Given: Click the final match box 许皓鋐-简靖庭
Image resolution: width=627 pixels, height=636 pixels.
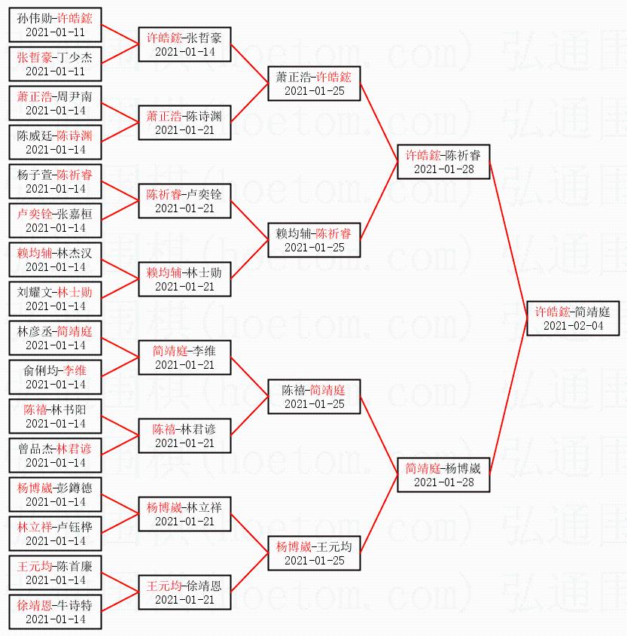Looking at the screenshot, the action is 573,318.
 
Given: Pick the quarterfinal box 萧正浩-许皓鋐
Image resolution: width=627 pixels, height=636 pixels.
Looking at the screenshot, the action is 314,84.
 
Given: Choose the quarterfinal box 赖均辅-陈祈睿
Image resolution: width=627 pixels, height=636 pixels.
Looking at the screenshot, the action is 314,240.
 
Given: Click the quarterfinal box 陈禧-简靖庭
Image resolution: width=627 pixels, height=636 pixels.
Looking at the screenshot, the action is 314,397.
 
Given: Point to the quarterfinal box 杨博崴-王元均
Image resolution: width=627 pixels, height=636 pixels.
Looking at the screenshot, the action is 314,553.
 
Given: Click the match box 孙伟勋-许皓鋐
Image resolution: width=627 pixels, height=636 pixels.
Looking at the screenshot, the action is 55,25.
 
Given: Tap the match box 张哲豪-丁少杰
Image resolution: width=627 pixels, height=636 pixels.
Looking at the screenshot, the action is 55,64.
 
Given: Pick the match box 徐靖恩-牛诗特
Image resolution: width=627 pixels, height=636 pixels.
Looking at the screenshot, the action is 55,612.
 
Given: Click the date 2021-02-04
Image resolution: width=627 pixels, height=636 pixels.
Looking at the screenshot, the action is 573,326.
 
